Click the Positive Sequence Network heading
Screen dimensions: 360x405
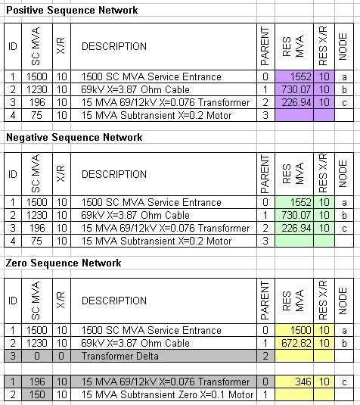point(72,11)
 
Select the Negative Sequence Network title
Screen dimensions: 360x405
point(74,137)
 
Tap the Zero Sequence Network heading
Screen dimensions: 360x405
point(64,263)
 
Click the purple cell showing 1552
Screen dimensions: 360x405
point(294,76)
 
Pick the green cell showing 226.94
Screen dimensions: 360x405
point(294,228)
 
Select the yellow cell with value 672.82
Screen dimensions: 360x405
point(294,343)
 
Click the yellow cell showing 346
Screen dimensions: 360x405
point(294,382)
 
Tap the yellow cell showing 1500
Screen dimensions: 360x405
point(294,330)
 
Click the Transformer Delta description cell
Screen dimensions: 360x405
point(163,356)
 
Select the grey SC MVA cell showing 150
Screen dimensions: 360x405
point(37,394)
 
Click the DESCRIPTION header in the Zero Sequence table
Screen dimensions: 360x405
point(114,301)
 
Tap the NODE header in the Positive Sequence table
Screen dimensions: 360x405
point(343,46)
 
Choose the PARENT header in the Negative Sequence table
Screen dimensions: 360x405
point(265,174)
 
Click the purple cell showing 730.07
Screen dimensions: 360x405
point(294,89)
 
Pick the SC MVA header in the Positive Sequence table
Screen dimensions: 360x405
point(36,46)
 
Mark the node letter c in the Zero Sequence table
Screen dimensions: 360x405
point(344,382)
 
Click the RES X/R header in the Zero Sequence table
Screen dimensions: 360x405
point(323,301)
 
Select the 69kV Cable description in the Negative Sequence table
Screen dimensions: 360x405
point(135,215)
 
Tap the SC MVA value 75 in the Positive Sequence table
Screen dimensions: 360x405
point(36,115)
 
